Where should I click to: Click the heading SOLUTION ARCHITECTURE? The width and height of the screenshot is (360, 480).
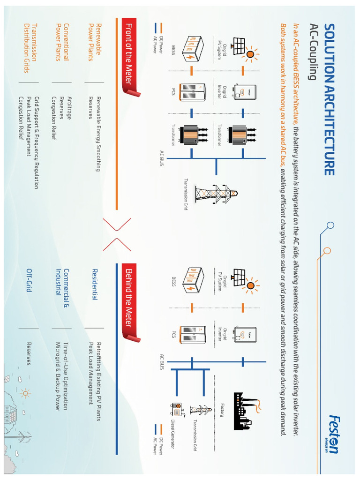pyautogui.click(x=329, y=99)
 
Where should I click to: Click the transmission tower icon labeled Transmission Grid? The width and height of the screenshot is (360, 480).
pyautogui.click(x=216, y=193)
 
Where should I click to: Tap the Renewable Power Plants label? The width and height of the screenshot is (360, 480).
pyautogui.click(x=94, y=42)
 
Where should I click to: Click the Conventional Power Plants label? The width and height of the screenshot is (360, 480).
pyautogui.click(x=62, y=42)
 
